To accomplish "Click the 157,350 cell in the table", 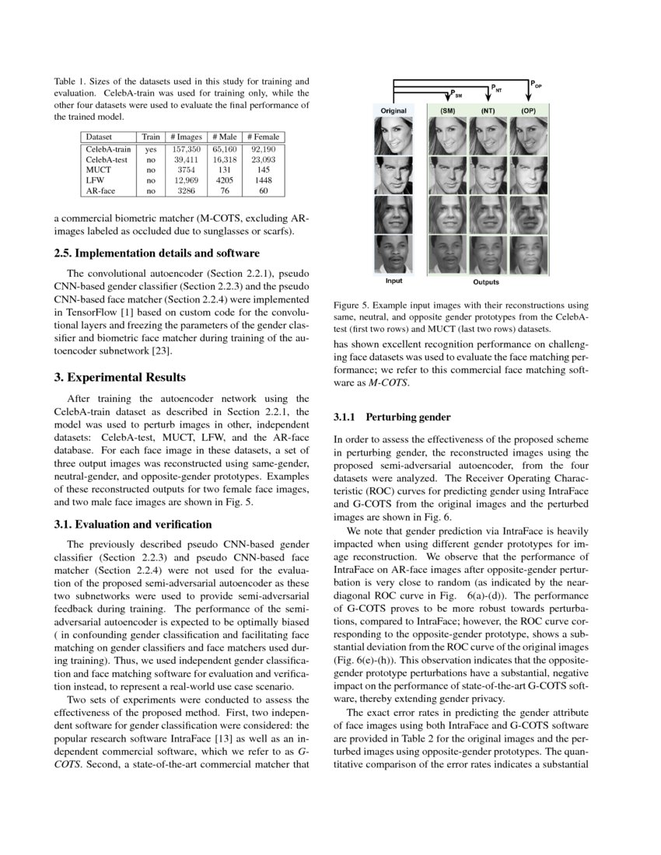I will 186,148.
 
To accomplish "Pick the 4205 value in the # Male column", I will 224,180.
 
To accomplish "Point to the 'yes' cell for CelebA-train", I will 151,148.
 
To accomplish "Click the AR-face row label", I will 102,190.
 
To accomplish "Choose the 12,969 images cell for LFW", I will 186,180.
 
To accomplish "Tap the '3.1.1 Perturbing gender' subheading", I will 386,417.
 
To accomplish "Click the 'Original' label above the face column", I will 393,111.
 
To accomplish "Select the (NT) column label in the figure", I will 488,111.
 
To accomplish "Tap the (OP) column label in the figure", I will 529,111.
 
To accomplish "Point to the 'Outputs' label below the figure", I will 487,281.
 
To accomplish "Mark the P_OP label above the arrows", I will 536,84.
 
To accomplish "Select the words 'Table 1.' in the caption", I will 72,82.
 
